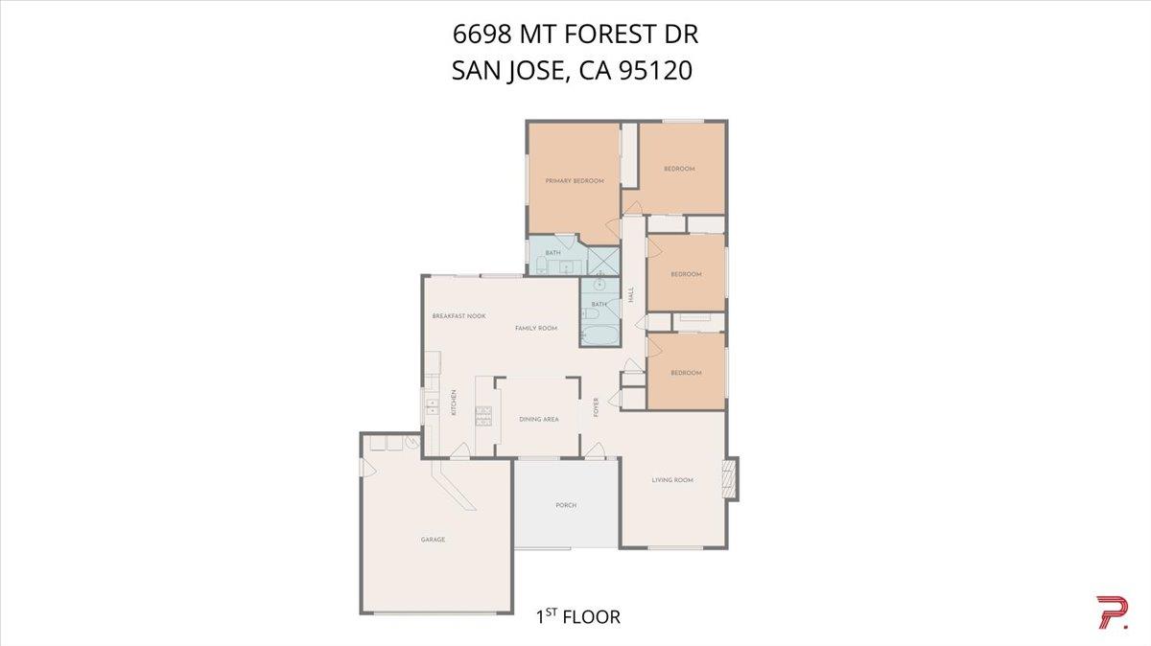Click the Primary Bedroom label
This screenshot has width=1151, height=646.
575,181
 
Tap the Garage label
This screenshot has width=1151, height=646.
433,540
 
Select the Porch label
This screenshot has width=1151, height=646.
566,505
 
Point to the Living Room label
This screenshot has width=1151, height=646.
672,480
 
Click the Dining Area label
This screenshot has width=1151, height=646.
538,419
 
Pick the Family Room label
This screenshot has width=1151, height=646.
536,329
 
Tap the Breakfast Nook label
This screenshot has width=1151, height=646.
459,316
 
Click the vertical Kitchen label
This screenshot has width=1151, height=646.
454,404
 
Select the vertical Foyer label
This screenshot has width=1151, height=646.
597,406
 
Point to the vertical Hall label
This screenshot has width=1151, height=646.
631,296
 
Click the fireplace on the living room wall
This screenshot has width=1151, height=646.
732,477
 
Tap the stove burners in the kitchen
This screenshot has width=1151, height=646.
483,417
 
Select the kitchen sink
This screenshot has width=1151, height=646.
432,404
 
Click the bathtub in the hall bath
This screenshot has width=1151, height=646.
599,336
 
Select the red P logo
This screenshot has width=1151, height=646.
1112,612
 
